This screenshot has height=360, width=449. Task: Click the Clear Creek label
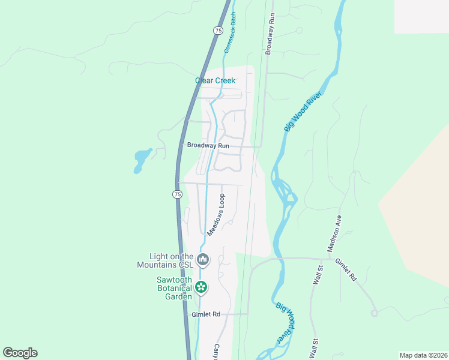point(215,80)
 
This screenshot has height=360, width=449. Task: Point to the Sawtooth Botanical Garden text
point(174,288)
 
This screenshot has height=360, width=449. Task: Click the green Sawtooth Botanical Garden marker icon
point(201,288)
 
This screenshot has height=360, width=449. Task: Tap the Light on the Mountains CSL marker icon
point(203,259)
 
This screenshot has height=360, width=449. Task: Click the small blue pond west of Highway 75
point(142,160)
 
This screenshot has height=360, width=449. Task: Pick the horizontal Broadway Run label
point(208,145)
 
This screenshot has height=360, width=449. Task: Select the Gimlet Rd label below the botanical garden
point(206,314)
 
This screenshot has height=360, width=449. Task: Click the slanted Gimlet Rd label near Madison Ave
point(346,271)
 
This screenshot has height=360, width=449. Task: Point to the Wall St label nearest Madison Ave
point(318,276)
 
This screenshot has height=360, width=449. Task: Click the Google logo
point(20,353)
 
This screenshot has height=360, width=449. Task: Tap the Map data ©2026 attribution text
point(423,355)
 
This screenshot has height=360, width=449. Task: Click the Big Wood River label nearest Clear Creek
point(300,111)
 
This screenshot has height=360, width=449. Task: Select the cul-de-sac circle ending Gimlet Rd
point(375,313)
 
